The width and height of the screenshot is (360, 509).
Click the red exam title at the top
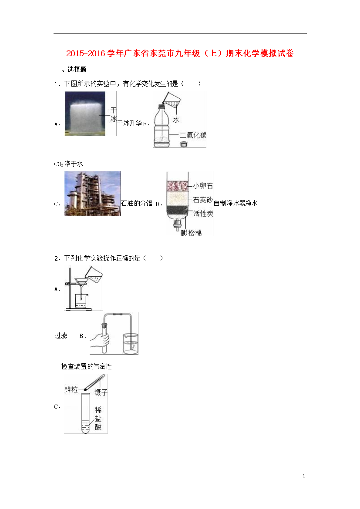(180, 53)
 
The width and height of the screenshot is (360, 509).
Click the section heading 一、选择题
(71, 70)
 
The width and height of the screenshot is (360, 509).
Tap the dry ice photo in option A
(85, 113)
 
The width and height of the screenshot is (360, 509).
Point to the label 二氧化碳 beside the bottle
(193, 135)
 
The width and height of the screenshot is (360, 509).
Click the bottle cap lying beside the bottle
(184, 144)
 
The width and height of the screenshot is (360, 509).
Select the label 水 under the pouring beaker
(176, 120)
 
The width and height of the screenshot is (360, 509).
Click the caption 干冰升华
(129, 124)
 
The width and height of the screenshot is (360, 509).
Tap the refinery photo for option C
(93, 194)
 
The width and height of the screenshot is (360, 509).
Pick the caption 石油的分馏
(136, 203)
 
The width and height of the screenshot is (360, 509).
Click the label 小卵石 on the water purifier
(203, 186)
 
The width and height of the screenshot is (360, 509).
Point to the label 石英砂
(203, 200)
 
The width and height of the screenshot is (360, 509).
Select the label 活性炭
(203, 213)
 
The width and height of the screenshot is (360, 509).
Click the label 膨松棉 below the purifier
(192, 232)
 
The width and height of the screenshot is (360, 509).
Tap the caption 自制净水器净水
(235, 203)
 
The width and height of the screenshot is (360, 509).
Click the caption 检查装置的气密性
(87, 366)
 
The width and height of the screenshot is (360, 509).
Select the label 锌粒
(71, 389)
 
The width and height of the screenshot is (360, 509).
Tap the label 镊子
(101, 392)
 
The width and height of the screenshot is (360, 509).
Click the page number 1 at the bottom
(304, 476)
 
